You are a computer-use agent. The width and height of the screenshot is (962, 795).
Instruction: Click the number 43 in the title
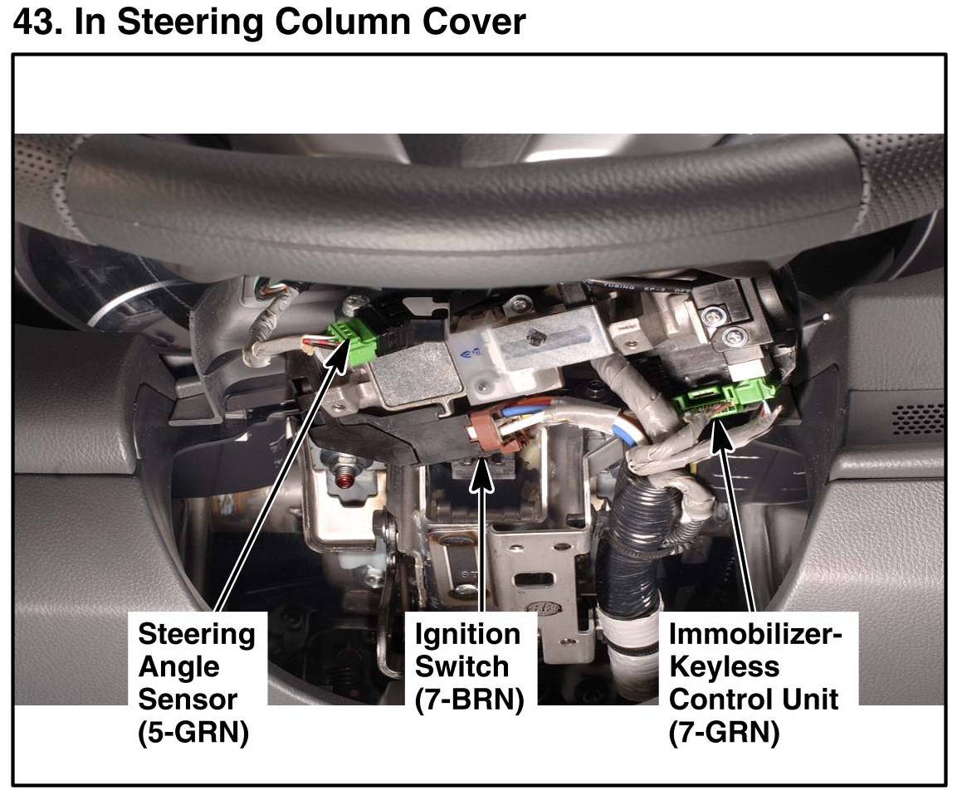tap(37, 22)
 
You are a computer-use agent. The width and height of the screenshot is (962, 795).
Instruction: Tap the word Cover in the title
tap(471, 22)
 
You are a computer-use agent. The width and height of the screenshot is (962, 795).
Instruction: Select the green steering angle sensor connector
tap(352, 334)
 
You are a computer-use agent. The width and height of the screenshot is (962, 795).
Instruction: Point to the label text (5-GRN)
tap(193, 734)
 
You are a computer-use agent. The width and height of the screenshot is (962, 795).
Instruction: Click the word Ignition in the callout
tap(467, 635)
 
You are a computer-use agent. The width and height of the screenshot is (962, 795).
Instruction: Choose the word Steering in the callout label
tap(197, 635)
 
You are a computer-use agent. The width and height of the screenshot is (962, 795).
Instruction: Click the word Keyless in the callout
tap(725, 667)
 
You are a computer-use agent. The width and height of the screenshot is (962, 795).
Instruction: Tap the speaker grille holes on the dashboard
tap(916, 419)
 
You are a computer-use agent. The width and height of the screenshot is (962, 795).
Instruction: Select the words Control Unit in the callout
tap(753, 700)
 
